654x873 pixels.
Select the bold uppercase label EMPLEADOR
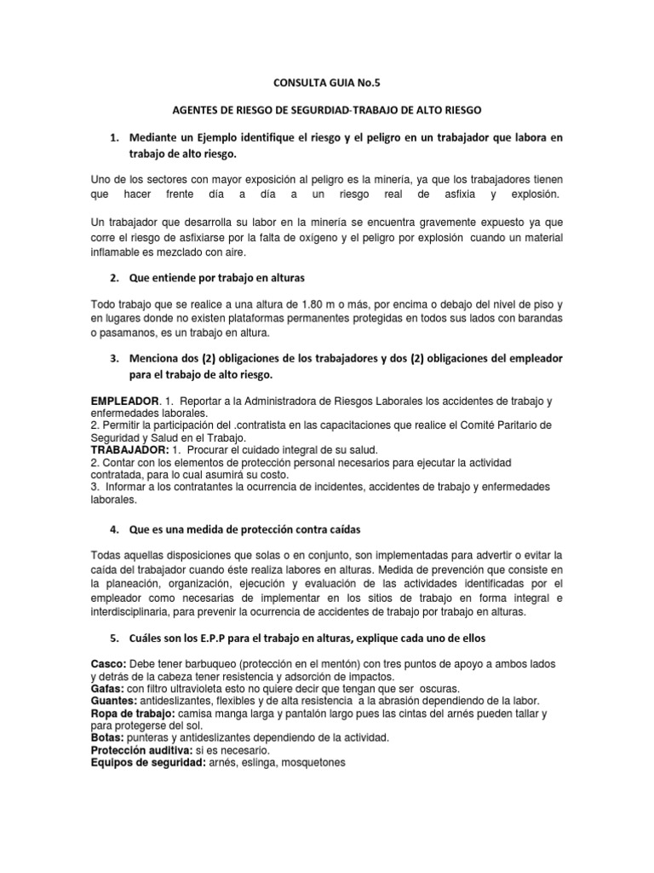coord(124,401)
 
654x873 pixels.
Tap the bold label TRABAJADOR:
coord(130,449)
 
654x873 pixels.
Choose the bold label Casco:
coord(108,664)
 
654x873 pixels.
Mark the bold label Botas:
coord(107,737)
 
